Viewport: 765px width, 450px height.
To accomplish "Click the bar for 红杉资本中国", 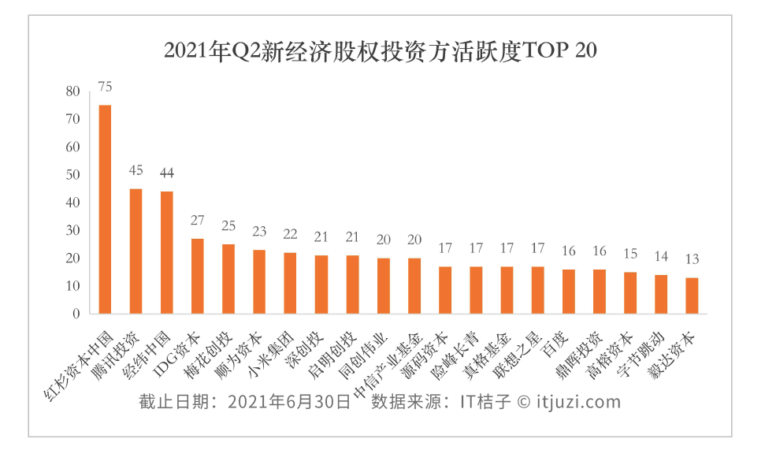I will (x=105, y=210).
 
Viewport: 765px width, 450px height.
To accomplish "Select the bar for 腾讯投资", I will (x=136, y=251).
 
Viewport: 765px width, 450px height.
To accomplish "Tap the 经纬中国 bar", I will (x=166, y=253).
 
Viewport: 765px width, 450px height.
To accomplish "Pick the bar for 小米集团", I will (x=290, y=283).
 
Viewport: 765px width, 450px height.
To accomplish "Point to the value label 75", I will (x=105, y=86).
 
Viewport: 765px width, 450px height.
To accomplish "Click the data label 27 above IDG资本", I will (x=198, y=220).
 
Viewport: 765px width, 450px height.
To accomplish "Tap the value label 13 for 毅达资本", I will (x=692, y=259).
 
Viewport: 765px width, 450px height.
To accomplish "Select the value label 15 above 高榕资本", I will (x=630, y=254).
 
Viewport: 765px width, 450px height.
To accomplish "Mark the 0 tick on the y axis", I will (x=76, y=314).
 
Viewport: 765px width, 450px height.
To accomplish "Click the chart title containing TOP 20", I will (x=381, y=50).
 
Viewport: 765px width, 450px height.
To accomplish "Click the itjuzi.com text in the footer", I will (x=578, y=402).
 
